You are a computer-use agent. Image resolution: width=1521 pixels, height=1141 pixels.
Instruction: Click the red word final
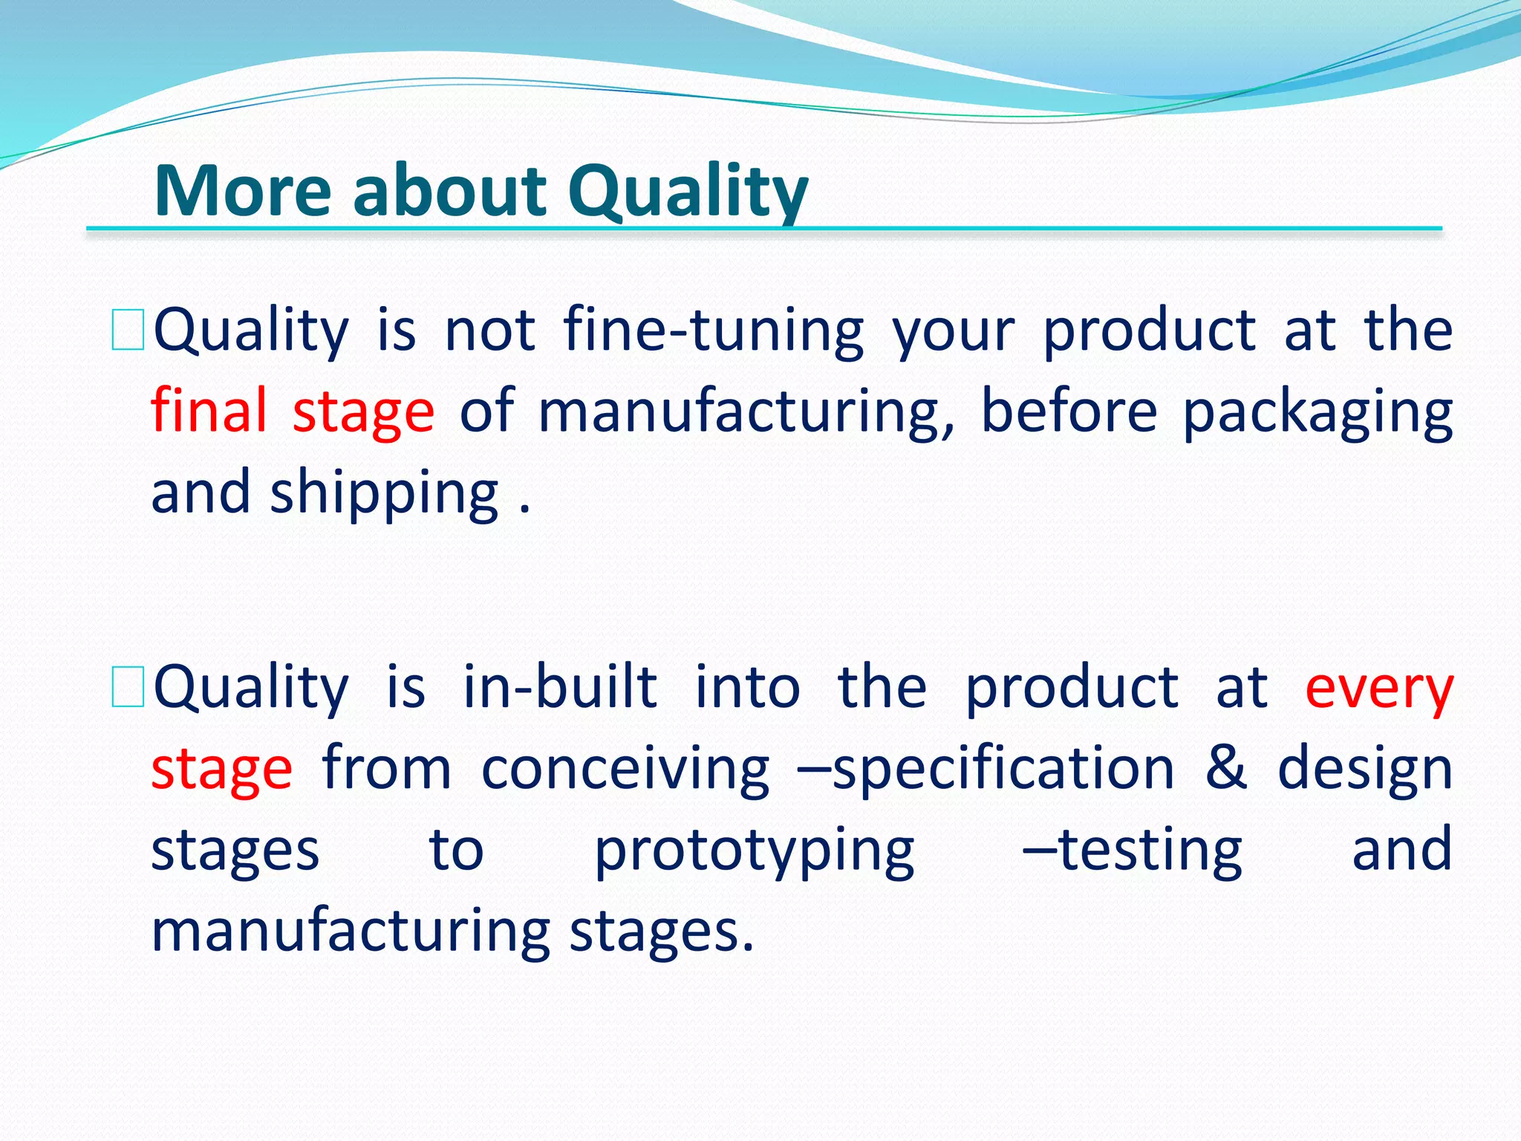point(209,411)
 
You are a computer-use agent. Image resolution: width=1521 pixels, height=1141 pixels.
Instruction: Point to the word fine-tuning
point(714,331)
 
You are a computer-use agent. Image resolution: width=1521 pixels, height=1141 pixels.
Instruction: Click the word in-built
point(560,687)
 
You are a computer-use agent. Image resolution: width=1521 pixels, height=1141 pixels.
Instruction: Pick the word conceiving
point(625,769)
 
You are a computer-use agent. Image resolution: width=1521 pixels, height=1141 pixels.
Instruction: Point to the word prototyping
point(755,851)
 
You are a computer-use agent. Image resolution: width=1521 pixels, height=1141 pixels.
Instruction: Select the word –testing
point(1132,850)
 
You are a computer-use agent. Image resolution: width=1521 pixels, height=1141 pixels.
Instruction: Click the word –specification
point(985,769)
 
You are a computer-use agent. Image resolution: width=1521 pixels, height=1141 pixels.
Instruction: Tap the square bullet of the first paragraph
point(128,331)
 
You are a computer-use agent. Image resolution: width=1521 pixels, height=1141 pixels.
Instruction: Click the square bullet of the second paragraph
point(128,687)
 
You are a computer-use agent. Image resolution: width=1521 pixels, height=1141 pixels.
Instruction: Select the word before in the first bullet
point(1069,411)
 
